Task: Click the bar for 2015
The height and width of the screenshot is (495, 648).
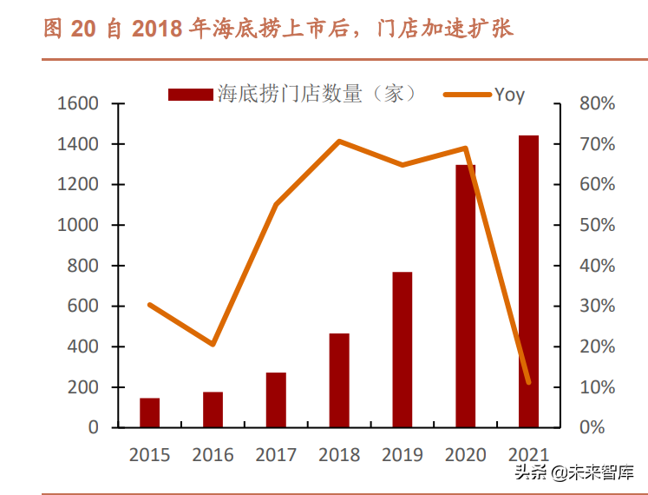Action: point(150,412)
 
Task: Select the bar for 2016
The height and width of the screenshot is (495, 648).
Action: point(213,410)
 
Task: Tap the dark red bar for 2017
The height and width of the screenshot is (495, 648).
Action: point(276,399)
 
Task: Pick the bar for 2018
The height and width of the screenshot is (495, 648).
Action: point(339,380)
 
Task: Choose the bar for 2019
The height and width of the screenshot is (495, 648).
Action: point(403,350)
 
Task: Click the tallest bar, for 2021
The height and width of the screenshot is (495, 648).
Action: point(528,281)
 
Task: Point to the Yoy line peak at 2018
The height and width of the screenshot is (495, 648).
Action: point(339,141)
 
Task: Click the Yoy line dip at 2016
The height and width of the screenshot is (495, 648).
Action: point(213,345)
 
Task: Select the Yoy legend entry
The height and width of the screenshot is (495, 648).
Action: point(486,94)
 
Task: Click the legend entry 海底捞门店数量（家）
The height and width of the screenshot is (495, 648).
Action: point(295,94)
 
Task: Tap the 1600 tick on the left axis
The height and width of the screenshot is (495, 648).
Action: point(78,103)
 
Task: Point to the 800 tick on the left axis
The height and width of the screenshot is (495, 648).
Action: point(83,266)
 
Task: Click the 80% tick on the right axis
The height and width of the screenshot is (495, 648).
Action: point(597,103)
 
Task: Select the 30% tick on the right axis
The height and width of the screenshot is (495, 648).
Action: point(597,306)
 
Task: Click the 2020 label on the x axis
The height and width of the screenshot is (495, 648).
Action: point(465,454)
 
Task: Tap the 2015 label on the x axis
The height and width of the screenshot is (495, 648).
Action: point(150,454)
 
